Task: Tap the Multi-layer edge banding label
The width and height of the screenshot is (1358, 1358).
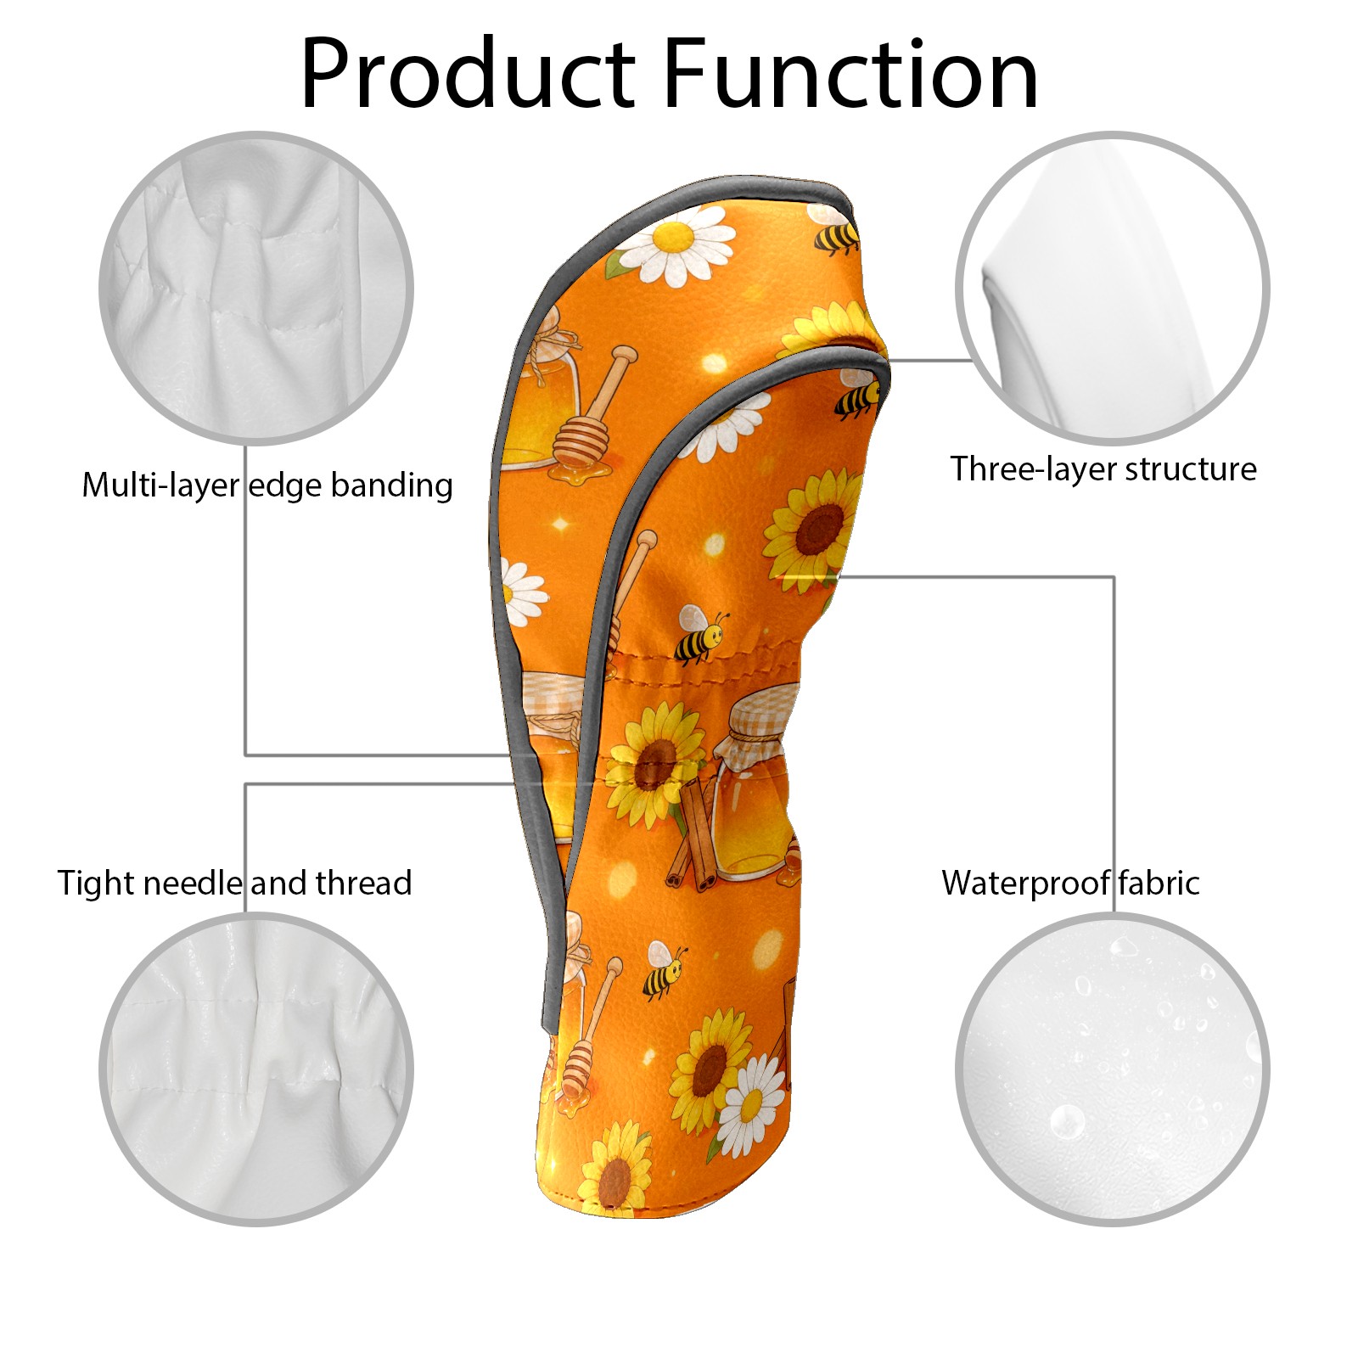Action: point(267,485)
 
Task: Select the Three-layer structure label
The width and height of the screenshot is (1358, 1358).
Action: point(1103,469)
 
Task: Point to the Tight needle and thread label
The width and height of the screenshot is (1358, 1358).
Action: point(234,884)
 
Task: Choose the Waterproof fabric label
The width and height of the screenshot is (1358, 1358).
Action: point(1070,884)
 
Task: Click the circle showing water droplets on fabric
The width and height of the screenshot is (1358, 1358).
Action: point(1113,1069)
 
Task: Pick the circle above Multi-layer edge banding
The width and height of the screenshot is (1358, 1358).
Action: point(256,288)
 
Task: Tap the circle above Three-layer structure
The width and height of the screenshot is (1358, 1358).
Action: point(1113,288)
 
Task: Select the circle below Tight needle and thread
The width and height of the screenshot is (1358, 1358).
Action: point(256,1069)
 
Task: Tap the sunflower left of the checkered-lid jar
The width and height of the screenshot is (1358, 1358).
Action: point(654,768)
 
